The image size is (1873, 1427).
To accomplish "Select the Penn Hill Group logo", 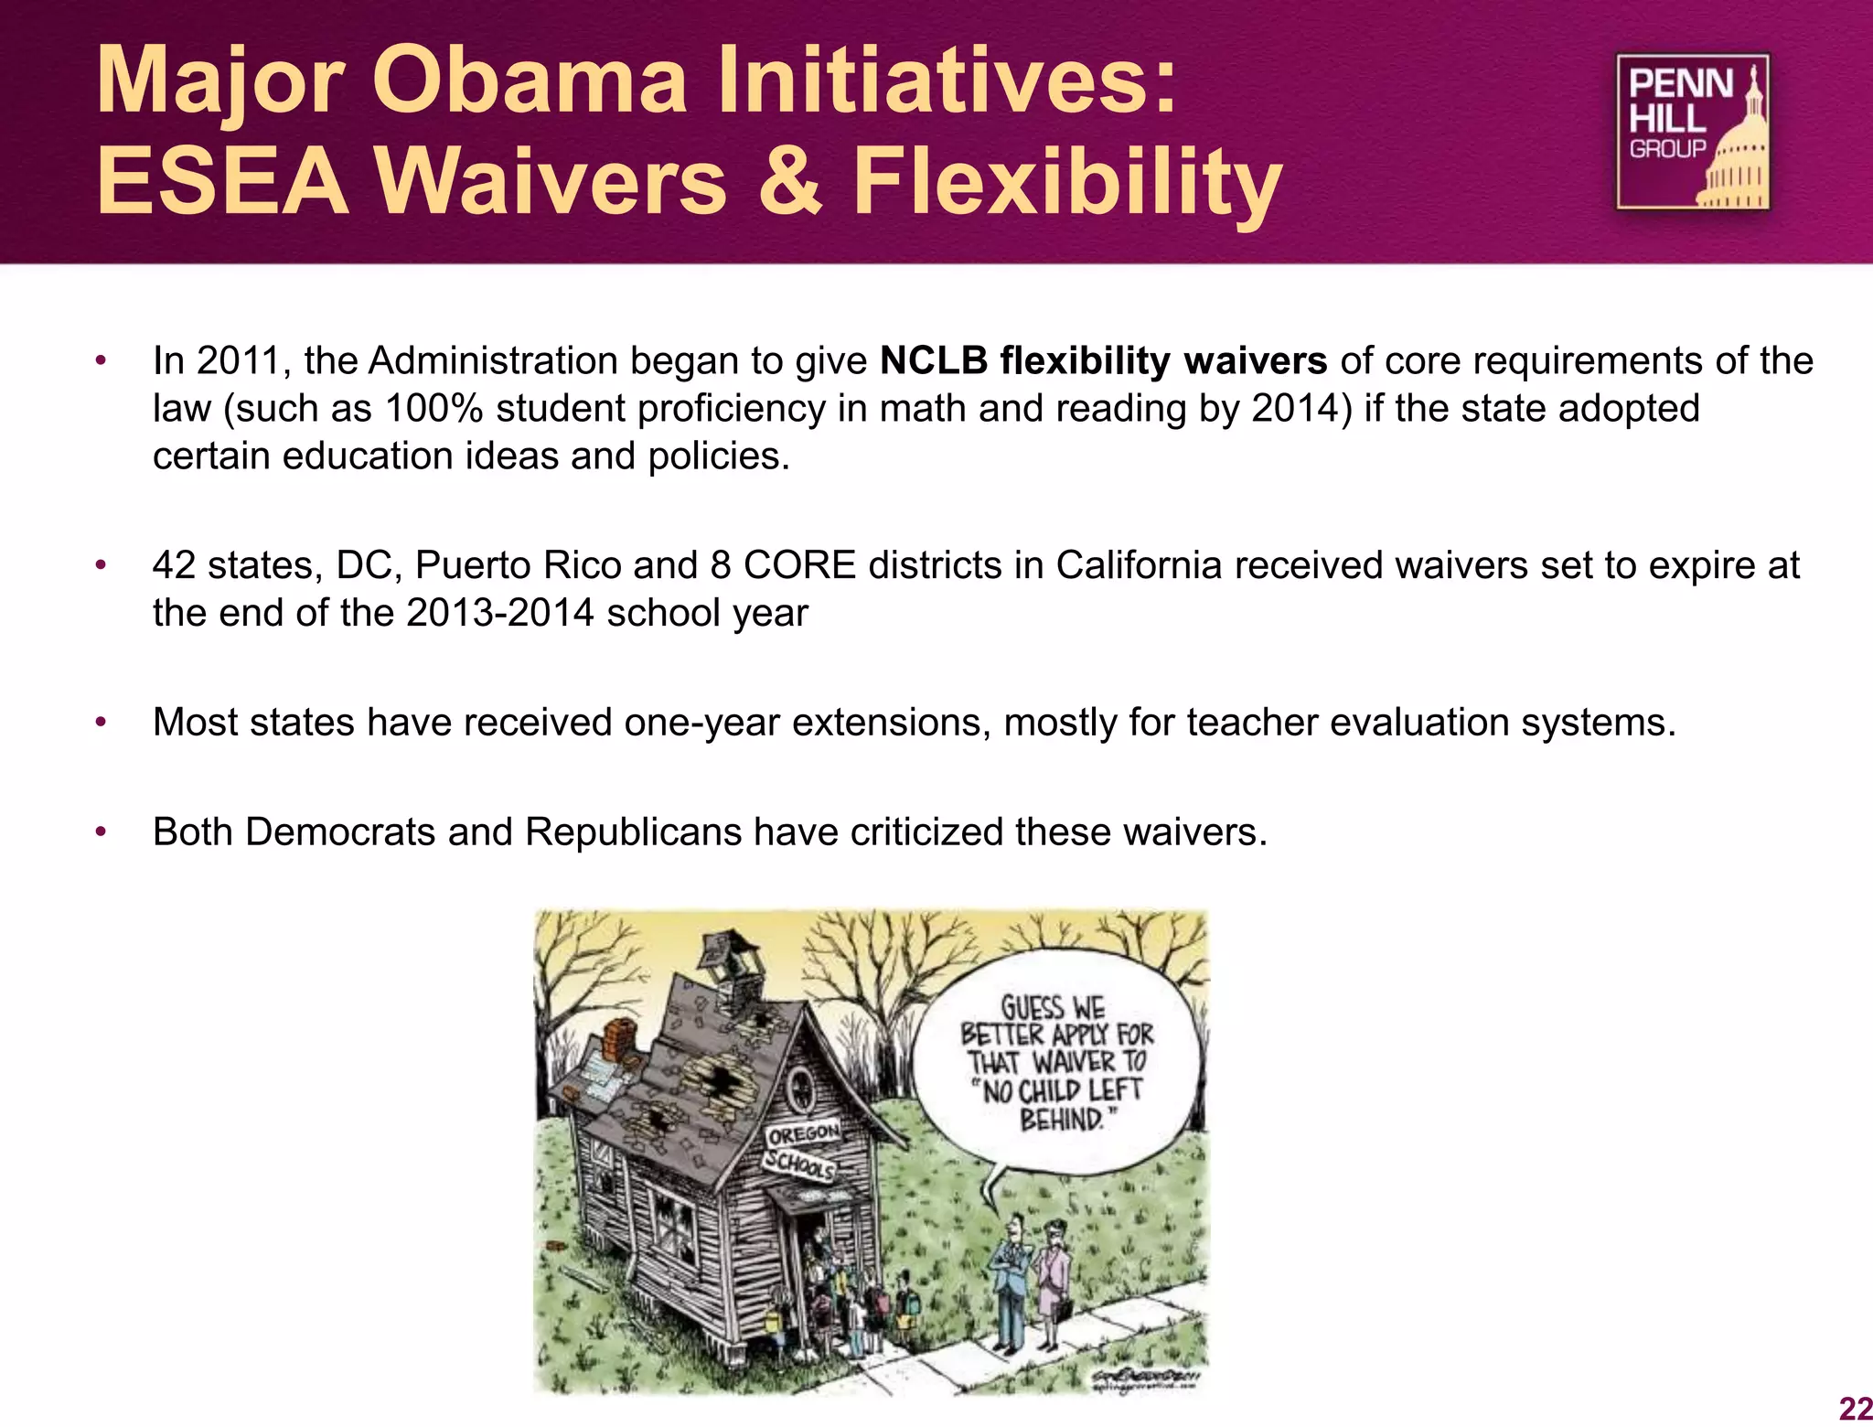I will coord(1692,132).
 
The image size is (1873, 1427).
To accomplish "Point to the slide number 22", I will coord(1855,1409).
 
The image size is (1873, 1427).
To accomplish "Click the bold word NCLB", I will coord(933,360).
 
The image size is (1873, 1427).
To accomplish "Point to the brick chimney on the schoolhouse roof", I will coord(621,1042).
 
